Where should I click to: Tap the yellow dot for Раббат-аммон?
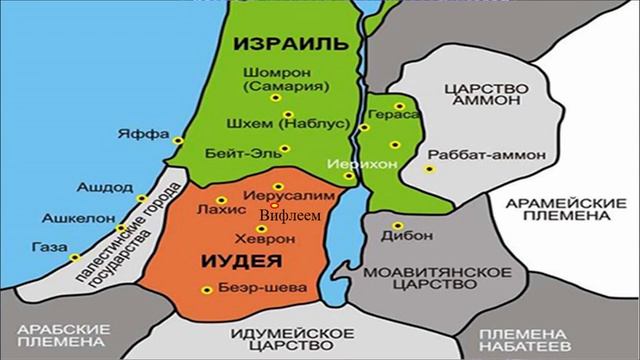[x=431, y=169]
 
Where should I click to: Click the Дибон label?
[x=401, y=242]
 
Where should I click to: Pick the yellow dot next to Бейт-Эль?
[x=287, y=149]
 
